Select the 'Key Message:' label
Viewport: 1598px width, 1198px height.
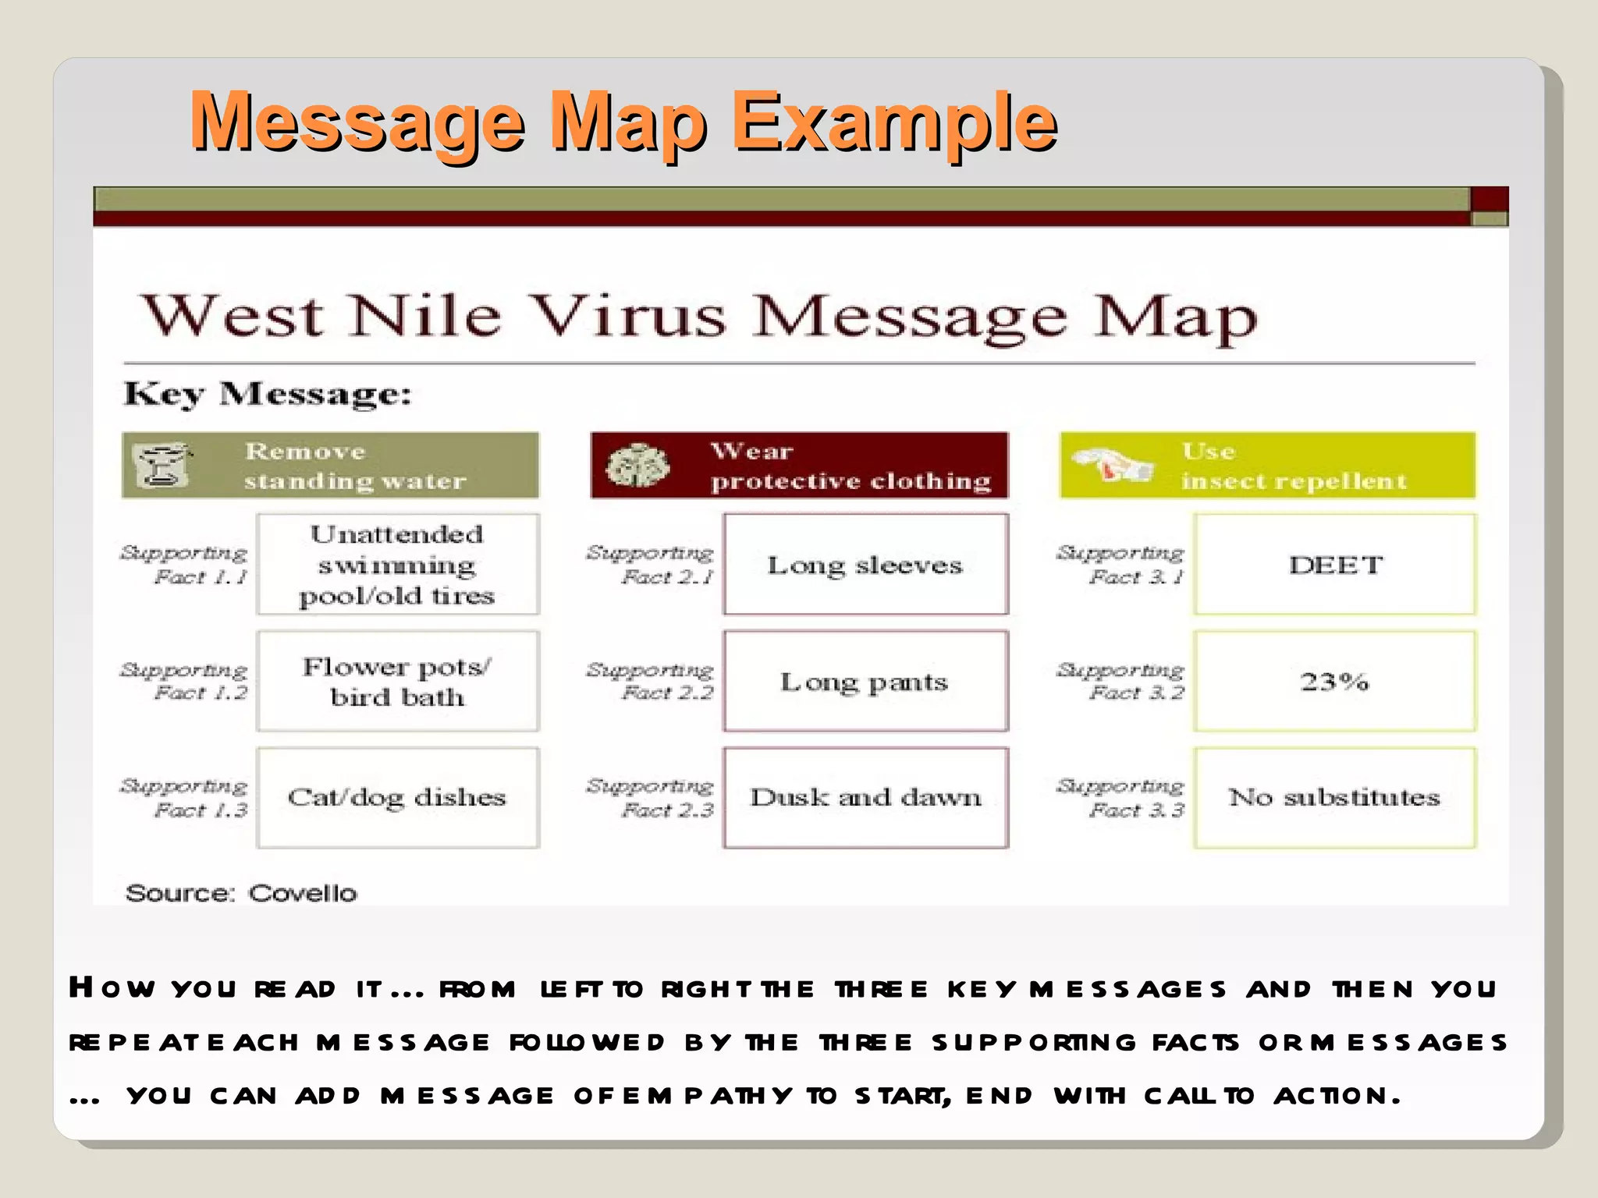point(268,394)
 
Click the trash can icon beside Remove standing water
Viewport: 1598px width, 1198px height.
point(162,466)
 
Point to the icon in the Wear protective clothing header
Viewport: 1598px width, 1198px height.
point(637,466)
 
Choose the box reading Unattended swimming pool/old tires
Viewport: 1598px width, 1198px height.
point(397,565)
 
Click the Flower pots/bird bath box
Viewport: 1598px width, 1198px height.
point(397,681)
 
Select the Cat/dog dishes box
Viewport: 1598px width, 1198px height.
point(397,797)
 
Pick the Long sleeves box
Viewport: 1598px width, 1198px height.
point(865,565)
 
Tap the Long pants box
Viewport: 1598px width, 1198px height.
point(865,681)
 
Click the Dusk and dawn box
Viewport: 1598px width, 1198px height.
point(865,797)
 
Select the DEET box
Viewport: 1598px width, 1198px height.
point(1335,565)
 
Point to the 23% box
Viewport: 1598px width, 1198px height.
point(1335,681)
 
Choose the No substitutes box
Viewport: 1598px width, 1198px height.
point(1335,797)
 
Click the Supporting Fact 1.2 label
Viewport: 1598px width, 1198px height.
point(185,681)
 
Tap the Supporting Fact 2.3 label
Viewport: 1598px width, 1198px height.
point(651,798)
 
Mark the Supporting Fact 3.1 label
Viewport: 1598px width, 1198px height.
point(1120,565)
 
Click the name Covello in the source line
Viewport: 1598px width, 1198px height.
point(303,893)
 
